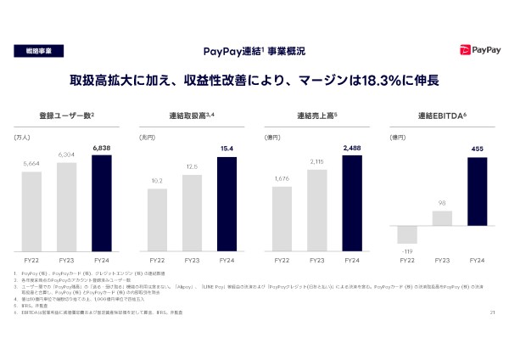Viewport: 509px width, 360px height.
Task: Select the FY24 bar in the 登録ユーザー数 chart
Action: click(101, 203)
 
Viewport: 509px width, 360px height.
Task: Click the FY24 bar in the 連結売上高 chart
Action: click(351, 203)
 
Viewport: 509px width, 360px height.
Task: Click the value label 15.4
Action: click(227, 149)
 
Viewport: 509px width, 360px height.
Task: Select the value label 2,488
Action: click(351, 148)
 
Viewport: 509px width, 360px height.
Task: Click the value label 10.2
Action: click(156, 180)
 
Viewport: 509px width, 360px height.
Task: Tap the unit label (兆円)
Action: click(148, 136)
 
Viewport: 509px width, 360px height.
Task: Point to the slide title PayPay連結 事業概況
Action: click(255, 52)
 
